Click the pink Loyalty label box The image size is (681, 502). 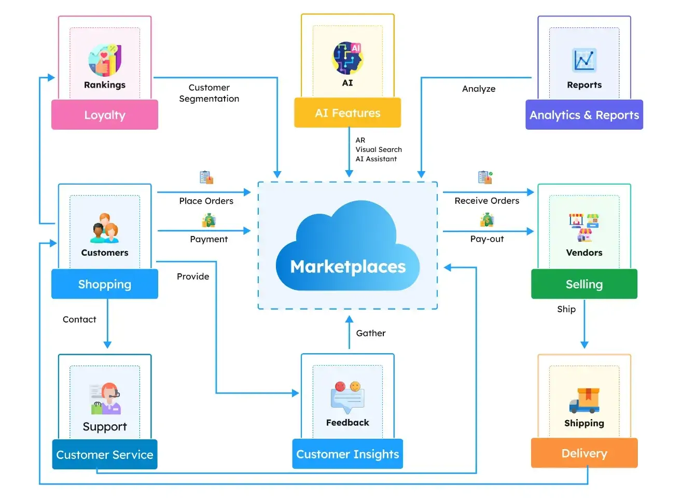[104, 115]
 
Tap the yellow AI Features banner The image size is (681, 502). [348, 113]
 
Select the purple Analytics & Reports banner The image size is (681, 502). [584, 115]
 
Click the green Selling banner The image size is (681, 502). [584, 284]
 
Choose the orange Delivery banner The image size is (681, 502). [584, 453]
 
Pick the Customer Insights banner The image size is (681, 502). [348, 454]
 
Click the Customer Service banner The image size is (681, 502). [104, 454]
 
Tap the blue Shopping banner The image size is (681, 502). [104, 284]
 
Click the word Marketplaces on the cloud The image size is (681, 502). [348, 266]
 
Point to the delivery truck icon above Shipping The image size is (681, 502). [584, 400]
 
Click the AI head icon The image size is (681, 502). [348, 58]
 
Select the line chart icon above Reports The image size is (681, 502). [584, 60]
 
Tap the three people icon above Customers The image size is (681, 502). [105, 228]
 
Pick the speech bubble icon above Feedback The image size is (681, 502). [348, 397]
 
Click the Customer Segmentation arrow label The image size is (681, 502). [209, 93]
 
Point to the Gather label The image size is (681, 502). [370, 333]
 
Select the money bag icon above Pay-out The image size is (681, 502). [487, 220]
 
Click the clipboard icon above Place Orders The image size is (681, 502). [206, 177]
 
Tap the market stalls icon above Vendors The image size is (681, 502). [584, 228]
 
